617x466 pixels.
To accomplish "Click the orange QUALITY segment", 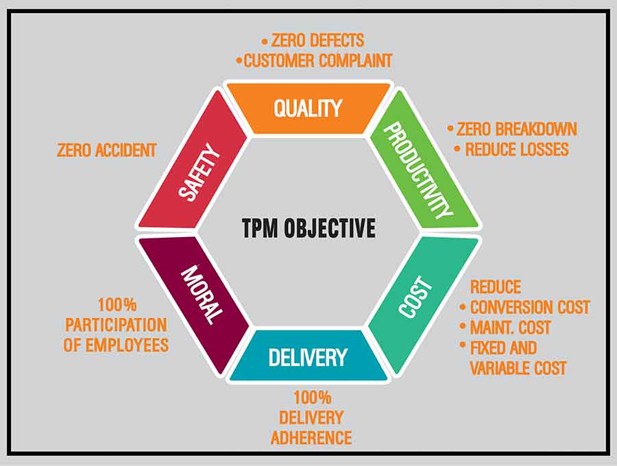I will click(308, 108).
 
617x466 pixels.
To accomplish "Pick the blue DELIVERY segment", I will click(308, 356).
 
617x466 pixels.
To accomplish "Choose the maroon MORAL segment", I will click(201, 295).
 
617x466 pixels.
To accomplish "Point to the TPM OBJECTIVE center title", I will click(308, 228).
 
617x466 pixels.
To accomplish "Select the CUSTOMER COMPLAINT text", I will click(318, 60).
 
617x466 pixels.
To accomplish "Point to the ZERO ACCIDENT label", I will click(107, 149).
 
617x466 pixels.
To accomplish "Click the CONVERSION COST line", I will click(529, 307).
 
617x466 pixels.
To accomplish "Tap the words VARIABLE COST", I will click(518, 368).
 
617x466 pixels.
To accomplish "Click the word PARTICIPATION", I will click(116, 324).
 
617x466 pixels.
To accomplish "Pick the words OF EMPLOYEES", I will click(116, 345).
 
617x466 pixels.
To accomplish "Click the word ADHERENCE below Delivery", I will click(311, 437).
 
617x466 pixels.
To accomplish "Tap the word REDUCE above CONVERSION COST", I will click(495, 286).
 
